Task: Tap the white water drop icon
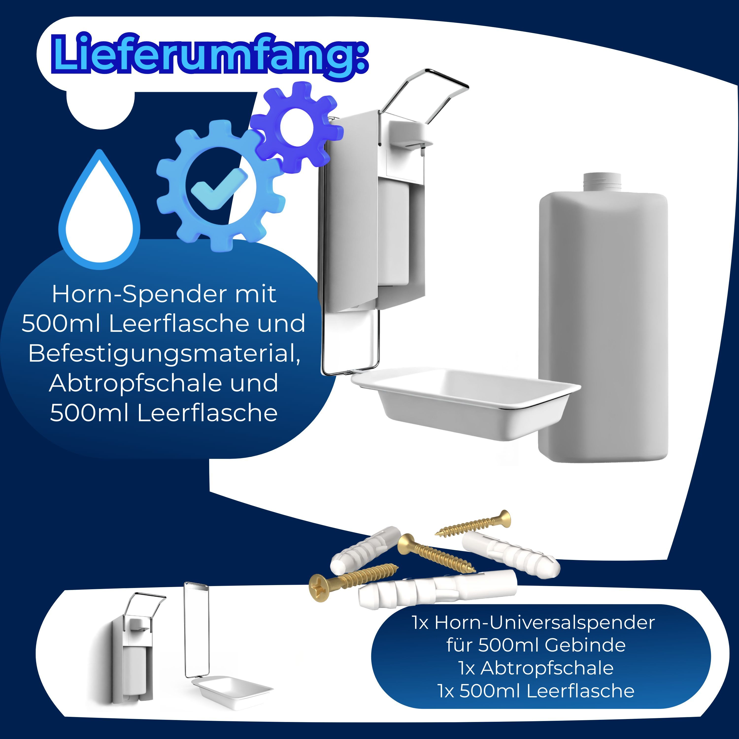coord(100,218)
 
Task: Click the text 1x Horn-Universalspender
coord(534,623)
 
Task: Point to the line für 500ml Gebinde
coord(536,645)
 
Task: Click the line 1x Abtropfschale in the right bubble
coord(536,668)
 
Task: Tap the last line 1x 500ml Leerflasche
coord(536,691)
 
